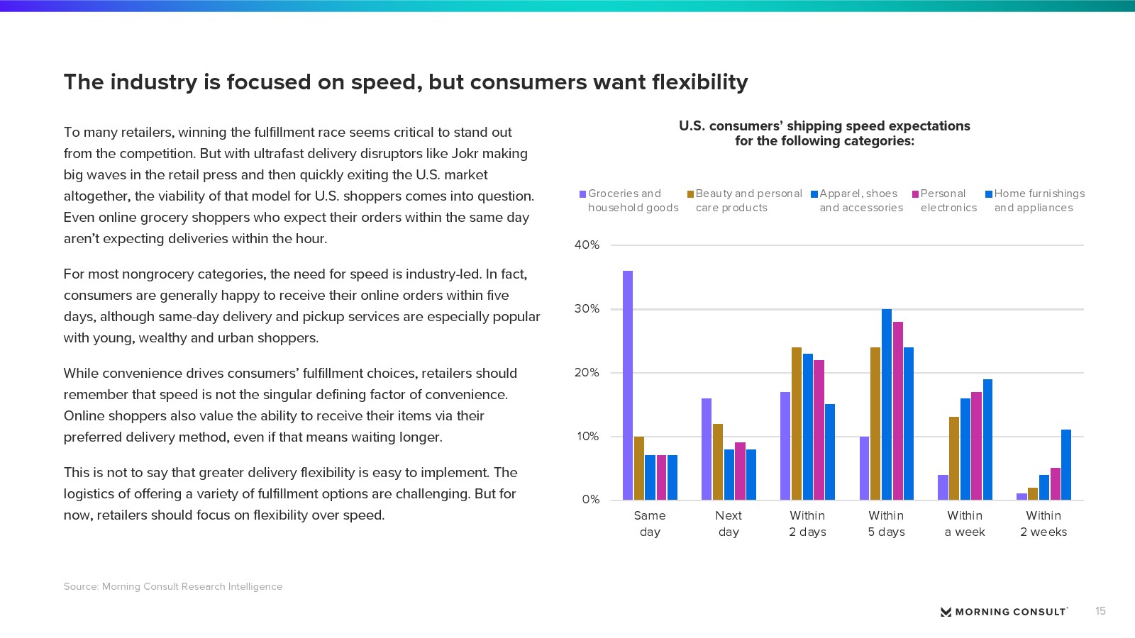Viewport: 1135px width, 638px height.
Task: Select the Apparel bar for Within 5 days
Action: click(x=887, y=404)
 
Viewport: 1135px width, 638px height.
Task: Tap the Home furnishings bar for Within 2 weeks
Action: click(x=1066, y=464)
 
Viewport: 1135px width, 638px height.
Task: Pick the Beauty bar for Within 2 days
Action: click(x=797, y=423)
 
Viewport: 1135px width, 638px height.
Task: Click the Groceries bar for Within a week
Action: click(x=943, y=487)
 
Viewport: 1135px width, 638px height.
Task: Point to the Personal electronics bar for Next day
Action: click(x=740, y=471)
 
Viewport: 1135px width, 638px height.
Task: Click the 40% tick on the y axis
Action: click(x=587, y=245)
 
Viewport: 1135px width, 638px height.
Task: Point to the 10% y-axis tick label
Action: click(x=587, y=437)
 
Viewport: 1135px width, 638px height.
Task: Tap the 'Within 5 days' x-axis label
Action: click(x=886, y=524)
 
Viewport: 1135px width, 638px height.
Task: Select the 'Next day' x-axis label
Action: click(x=729, y=524)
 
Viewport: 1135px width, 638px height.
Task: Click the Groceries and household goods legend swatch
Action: click(x=583, y=194)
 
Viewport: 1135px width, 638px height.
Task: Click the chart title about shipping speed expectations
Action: click(x=824, y=133)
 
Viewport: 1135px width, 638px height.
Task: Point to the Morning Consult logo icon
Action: click(x=946, y=612)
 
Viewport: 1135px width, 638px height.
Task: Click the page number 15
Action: click(x=1100, y=611)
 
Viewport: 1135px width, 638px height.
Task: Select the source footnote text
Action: click(x=173, y=586)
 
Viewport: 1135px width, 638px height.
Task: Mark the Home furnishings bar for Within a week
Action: click(x=987, y=440)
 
